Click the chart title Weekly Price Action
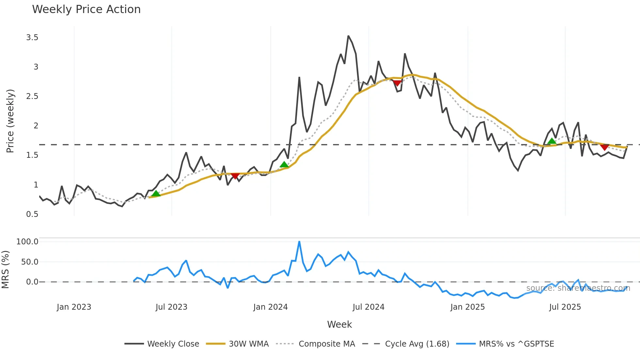(x=86, y=9)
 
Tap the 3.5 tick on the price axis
(x=32, y=38)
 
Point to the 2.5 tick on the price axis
(x=32, y=96)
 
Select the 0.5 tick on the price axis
(x=32, y=214)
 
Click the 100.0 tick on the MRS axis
(x=27, y=242)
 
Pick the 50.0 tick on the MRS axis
(x=30, y=262)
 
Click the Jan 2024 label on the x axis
(x=270, y=307)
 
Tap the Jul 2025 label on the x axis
(x=565, y=307)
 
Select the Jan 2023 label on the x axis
(x=74, y=307)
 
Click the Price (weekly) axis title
(x=10, y=121)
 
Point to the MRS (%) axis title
(x=5, y=270)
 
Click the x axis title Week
(x=339, y=324)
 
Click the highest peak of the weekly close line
(x=348, y=36)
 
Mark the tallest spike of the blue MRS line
(x=299, y=242)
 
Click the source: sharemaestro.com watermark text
(x=578, y=288)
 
